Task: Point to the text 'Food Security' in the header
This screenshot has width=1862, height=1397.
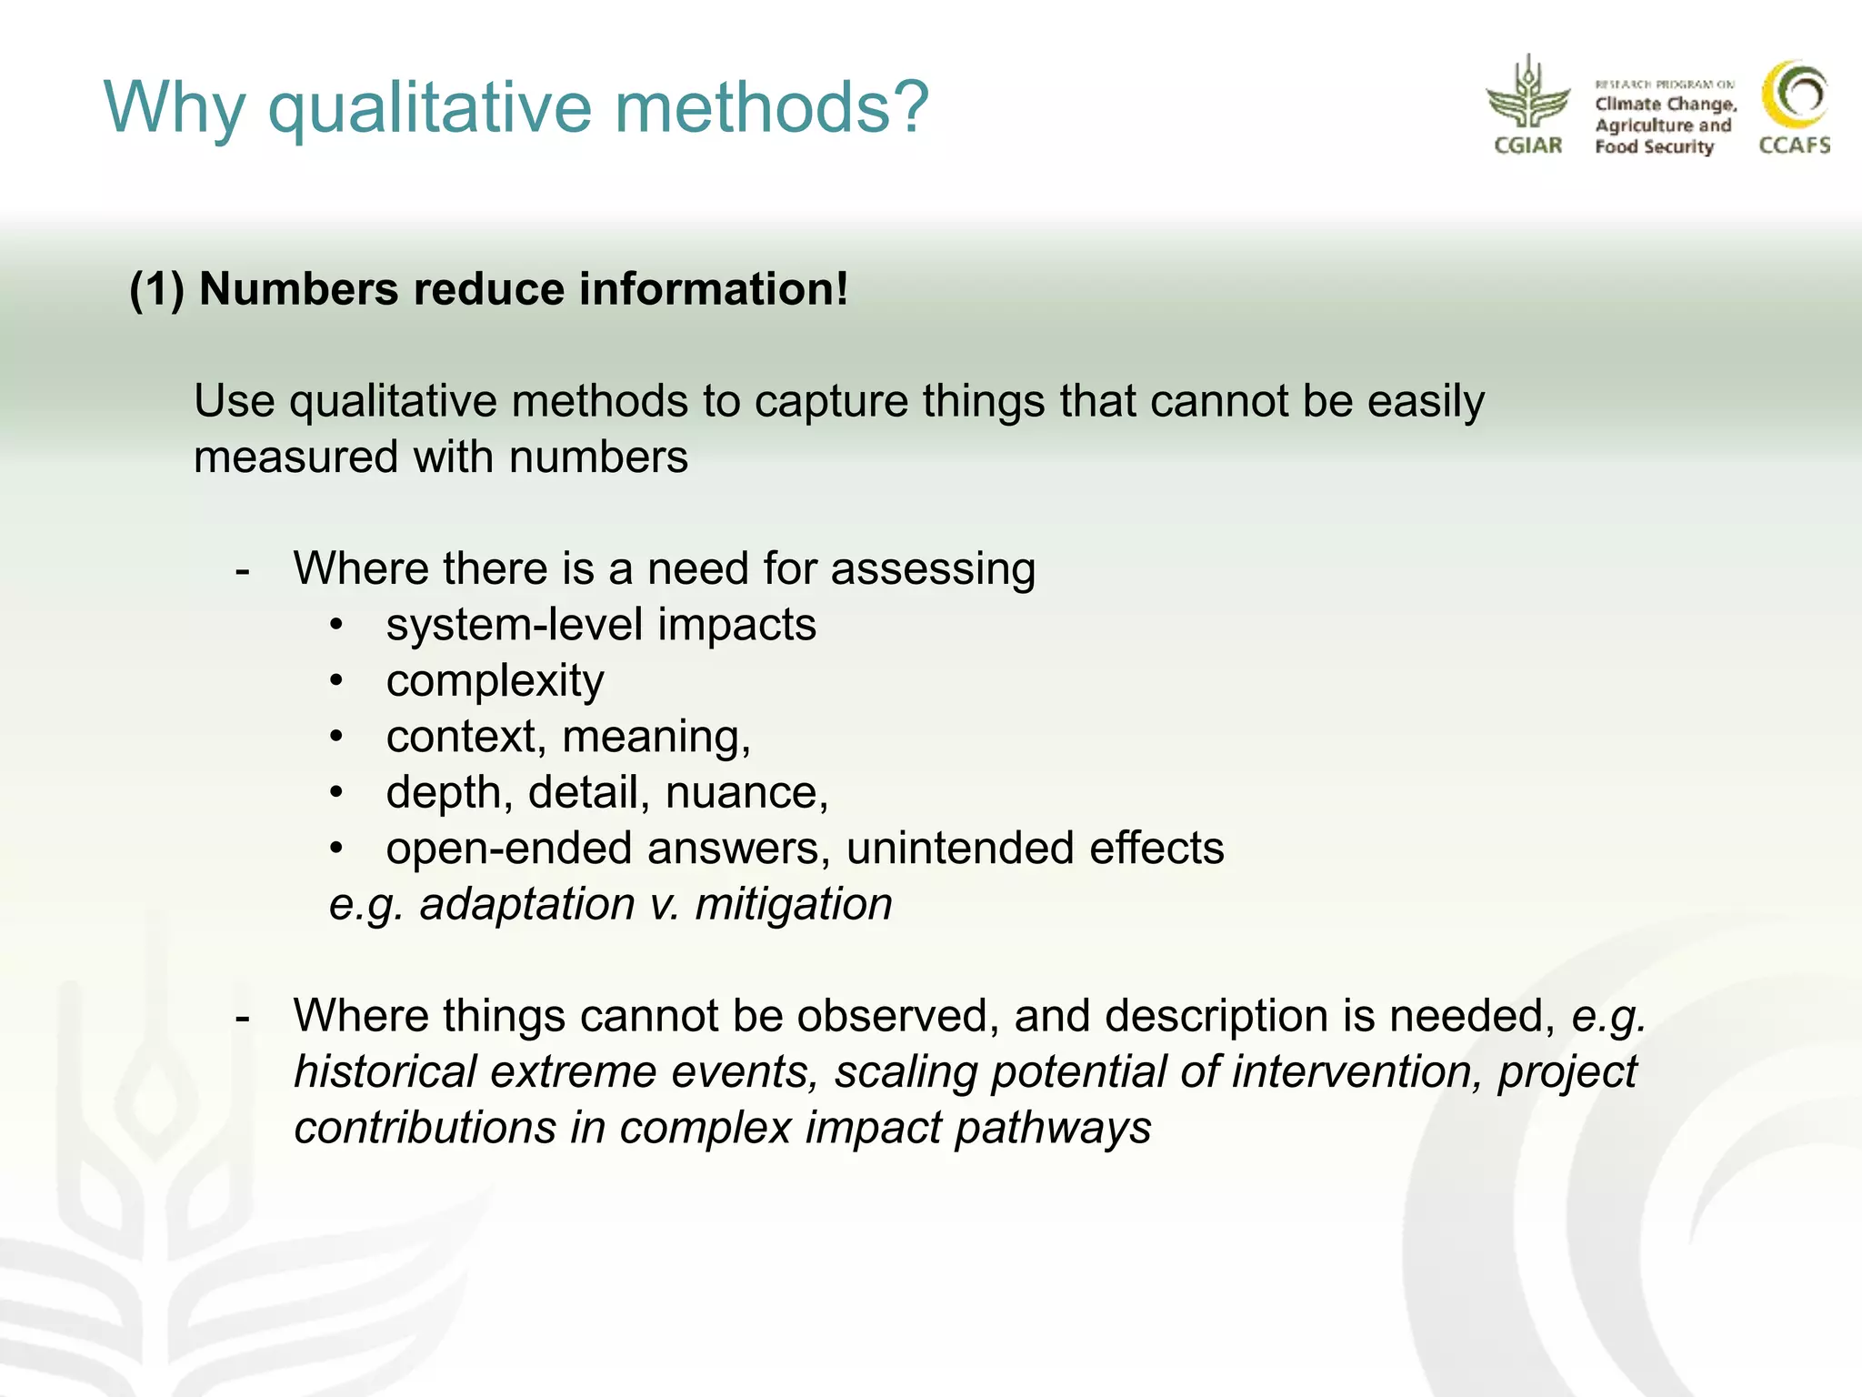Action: tap(1654, 147)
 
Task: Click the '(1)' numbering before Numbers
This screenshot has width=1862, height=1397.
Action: tap(157, 290)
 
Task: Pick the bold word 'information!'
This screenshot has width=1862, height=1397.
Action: tap(713, 290)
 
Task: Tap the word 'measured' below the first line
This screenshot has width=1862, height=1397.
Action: tap(296, 457)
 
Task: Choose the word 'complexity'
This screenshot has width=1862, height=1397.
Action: tap(495, 682)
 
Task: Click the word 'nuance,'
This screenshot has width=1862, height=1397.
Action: tap(746, 793)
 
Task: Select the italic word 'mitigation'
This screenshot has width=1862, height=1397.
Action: tap(793, 905)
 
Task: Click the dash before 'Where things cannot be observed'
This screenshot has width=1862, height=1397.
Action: tap(242, 1017)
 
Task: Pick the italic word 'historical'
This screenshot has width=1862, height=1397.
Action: tap(385, 1072)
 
